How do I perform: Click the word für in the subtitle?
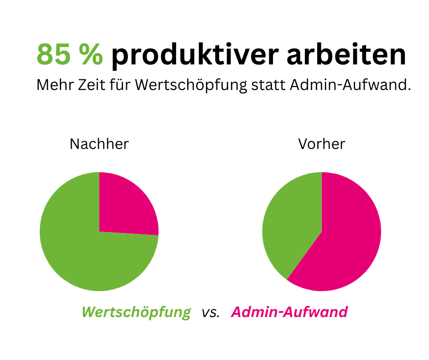(x=117, y=85)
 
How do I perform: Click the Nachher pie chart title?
(x=99, y=144)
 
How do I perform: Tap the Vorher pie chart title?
(x=321, y=144)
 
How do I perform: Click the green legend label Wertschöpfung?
(x=136, y=312)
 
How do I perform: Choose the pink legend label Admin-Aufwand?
(x=289, y=312)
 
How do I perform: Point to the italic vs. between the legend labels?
(x=210, y=313)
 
